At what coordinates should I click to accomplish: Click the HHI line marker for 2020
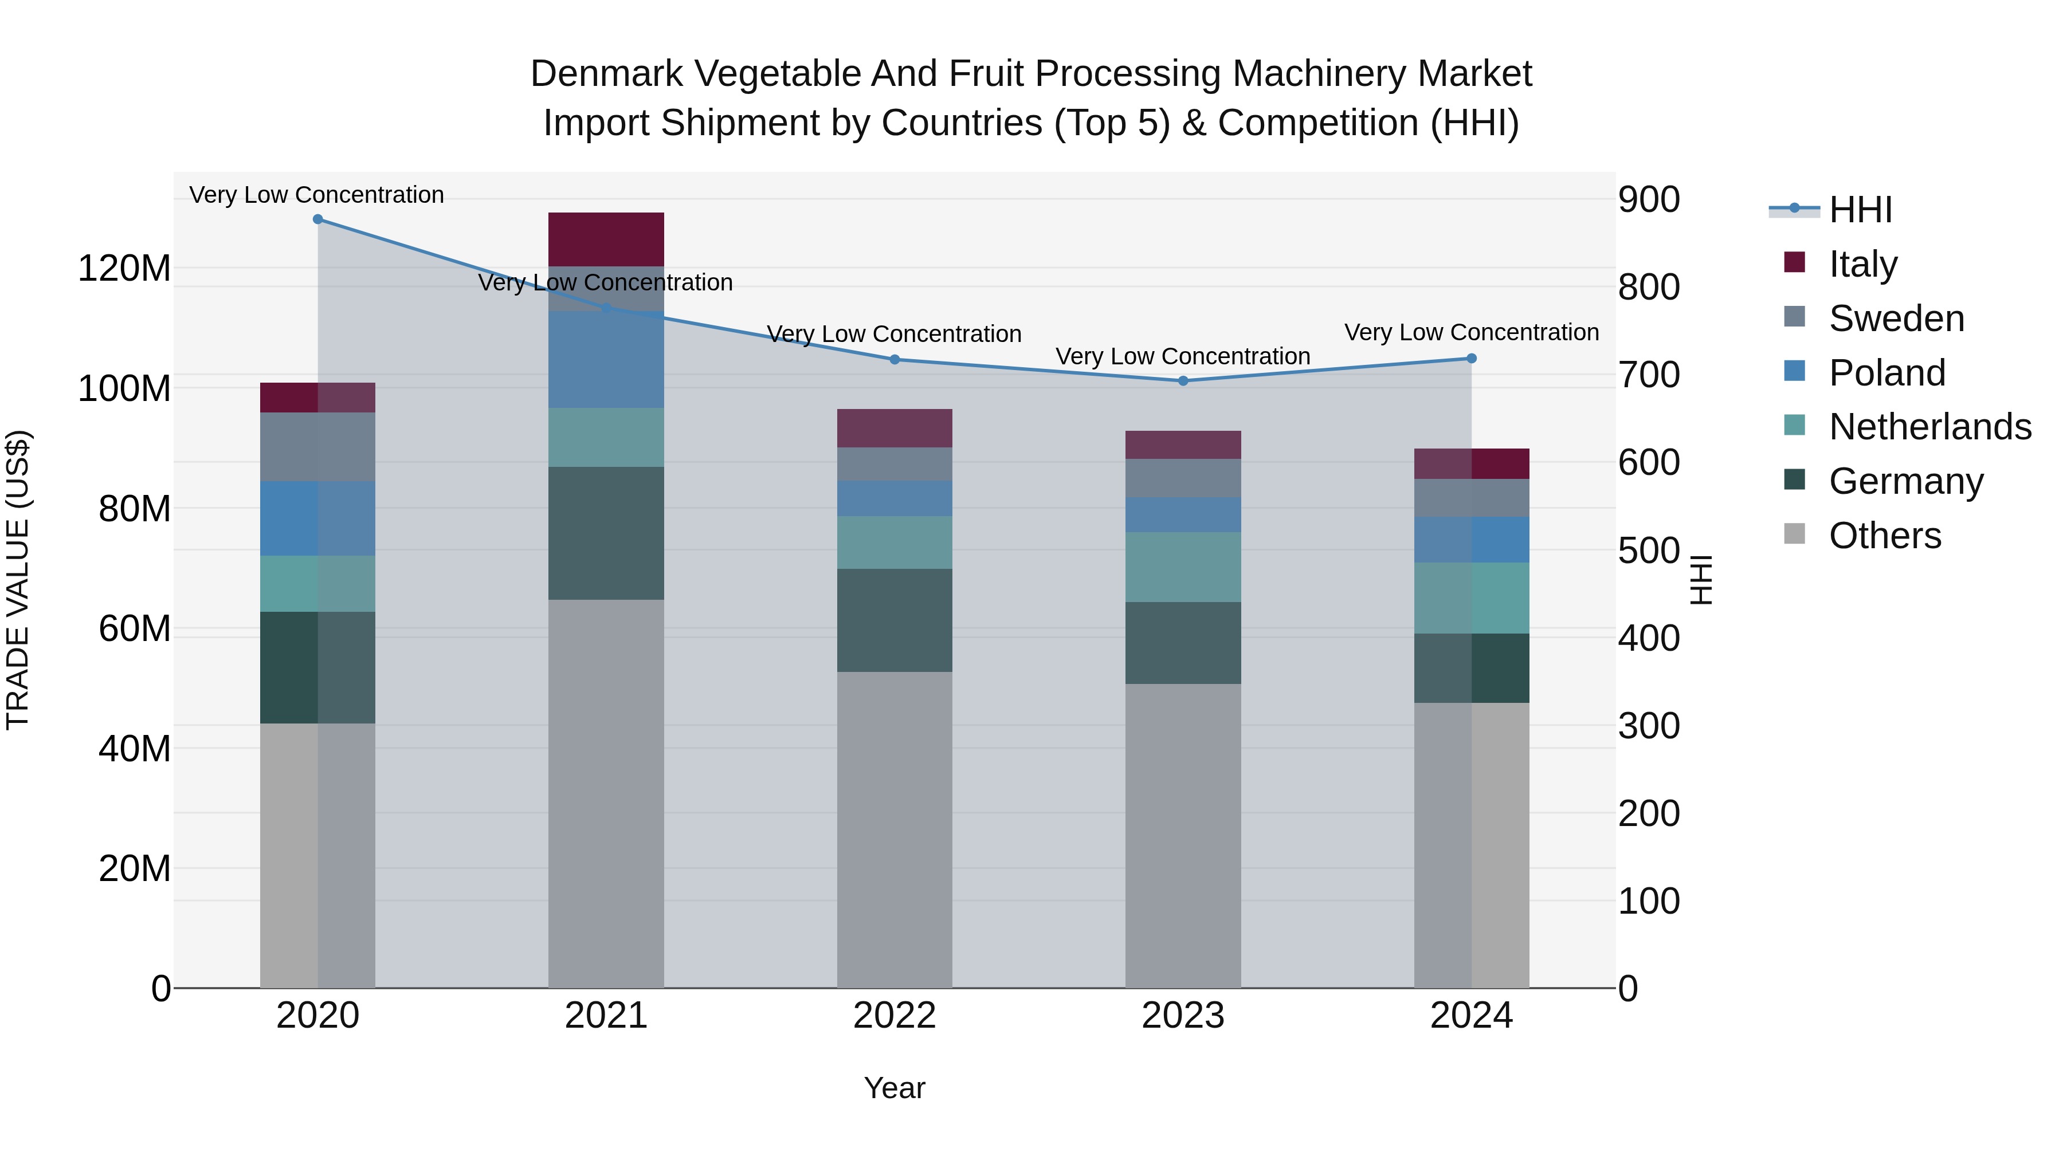318,219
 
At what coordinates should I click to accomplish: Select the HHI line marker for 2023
1183,380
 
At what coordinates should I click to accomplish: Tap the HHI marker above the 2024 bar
1471,359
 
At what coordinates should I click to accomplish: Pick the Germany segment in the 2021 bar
606,533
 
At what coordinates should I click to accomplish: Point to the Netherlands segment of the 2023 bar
1183,567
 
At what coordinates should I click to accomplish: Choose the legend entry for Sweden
1896,318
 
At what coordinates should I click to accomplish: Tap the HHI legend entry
1860,210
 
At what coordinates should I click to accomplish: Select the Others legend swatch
1795,534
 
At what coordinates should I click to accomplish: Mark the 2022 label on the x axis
895,1016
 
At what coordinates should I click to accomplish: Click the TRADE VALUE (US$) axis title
18,580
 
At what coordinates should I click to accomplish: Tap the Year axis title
895,1088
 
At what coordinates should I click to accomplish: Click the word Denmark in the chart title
606,74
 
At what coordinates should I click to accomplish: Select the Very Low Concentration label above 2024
1471,332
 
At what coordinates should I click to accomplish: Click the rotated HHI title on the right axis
1701,580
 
